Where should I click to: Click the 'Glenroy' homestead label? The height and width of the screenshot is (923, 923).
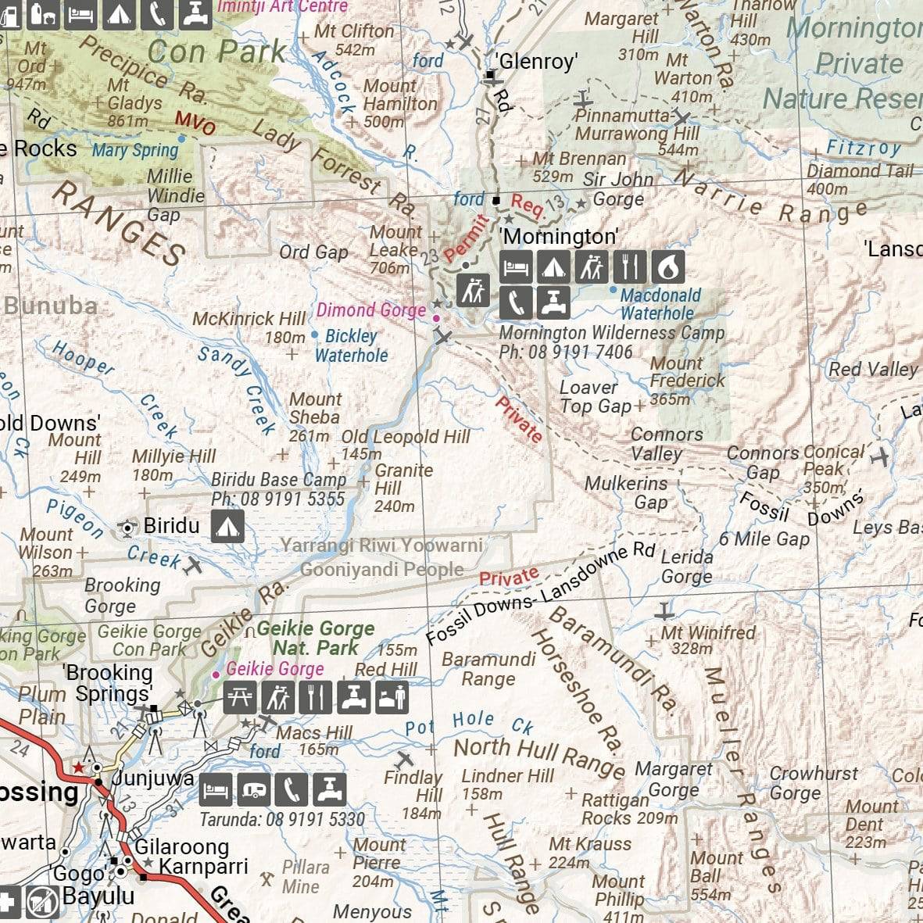pos(537,62)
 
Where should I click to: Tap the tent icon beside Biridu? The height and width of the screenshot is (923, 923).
pos(227,527)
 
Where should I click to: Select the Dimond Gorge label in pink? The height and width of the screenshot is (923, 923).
pos(371,310)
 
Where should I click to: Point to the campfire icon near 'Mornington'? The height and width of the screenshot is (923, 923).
pos(667,267)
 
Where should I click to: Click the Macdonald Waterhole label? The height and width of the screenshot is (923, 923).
pos(660,304)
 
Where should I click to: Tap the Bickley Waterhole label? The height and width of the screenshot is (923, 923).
pos(351,345)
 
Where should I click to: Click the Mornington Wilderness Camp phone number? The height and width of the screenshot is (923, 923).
pos(566,352)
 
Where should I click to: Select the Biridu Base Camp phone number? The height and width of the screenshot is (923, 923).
pos(277,499)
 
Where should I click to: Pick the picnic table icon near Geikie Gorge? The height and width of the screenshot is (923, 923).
pos(239,697)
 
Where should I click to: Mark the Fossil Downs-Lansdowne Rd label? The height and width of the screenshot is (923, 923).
pos(539,594)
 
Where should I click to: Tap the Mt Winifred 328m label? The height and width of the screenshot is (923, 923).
pos(708,639)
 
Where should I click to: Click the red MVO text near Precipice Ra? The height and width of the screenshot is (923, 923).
pos(195,123)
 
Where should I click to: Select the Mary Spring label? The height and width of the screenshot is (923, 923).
pos(135,150)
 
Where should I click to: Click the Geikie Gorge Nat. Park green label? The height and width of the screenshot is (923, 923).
pos(315,638)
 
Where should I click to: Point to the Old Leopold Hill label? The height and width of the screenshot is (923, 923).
pos(406,437)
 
